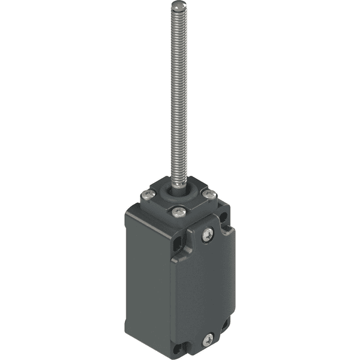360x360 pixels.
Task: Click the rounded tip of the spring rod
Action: click(176, 6)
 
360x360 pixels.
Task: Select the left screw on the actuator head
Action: click(147, 194)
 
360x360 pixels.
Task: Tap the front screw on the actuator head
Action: click(177, 211)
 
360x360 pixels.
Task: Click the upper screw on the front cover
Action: click(208, 234)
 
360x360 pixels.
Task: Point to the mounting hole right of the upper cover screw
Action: click(227, 228)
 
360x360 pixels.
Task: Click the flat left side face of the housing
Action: click(147, 276)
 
